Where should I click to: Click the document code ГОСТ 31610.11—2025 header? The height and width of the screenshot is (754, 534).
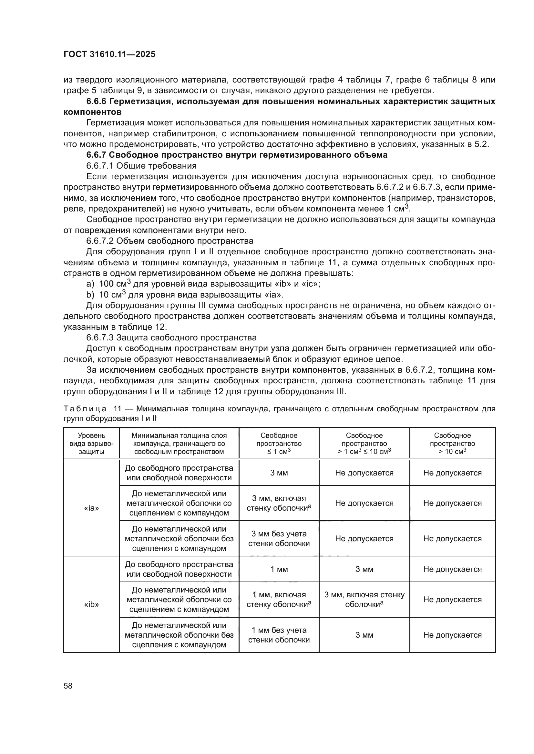[109, 54]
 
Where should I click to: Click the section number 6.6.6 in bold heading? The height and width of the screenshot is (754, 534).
[96, 102]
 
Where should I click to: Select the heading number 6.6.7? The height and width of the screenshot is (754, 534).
[96, 155]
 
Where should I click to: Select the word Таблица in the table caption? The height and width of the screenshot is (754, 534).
[85, 409]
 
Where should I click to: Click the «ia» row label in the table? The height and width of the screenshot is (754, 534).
[91, 508]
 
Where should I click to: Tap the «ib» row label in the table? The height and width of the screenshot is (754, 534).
[91, 604]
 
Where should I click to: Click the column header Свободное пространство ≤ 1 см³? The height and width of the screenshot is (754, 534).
[279, 443]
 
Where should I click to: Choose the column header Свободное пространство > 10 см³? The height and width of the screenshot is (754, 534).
[452, 443]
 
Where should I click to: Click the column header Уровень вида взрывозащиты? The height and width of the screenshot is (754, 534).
[91, 443]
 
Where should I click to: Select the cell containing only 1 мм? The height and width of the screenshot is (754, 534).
[279, 569]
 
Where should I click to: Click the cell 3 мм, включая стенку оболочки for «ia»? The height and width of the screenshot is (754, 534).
[279, 503]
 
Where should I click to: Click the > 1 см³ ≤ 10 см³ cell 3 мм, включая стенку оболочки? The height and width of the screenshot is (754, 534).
[364, 599]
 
